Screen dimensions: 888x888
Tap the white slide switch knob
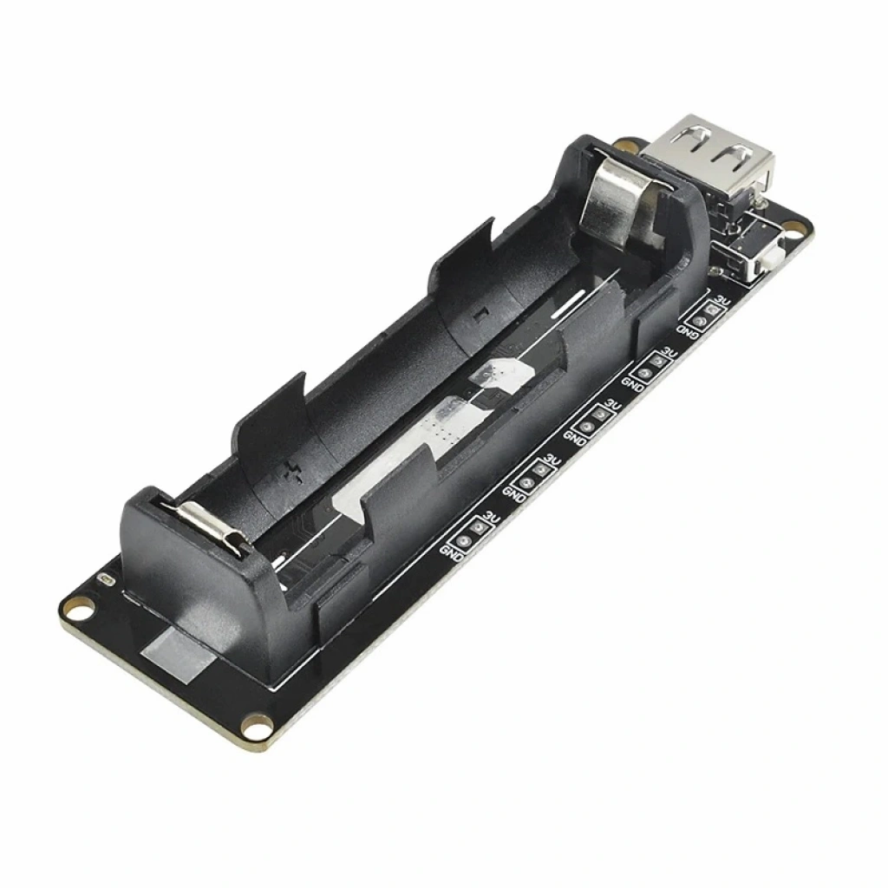coord(771,262)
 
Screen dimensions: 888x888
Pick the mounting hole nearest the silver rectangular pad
coord(256,726)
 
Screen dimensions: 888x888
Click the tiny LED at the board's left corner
coord(106,580)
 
